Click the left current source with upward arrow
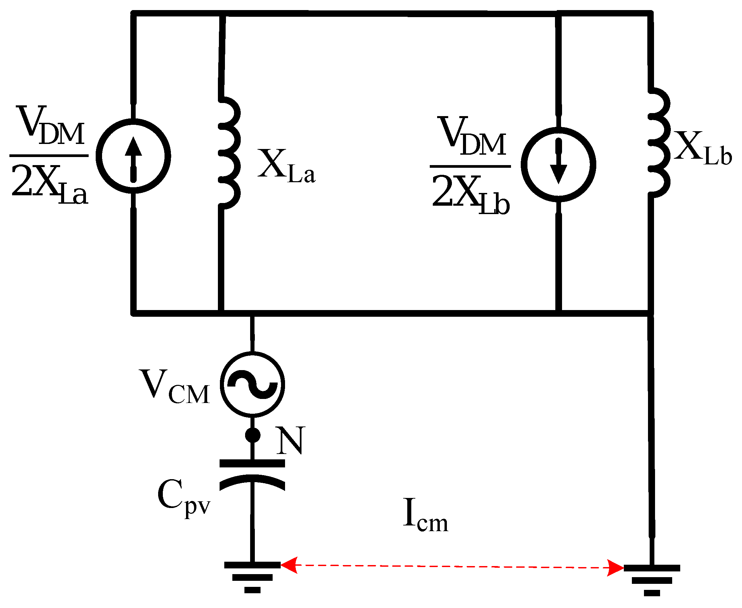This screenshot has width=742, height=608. point(133,156)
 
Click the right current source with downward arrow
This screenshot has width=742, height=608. point(558,165)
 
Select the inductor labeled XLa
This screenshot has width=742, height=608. point(230,153)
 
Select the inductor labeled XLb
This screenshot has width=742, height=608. point(659,143)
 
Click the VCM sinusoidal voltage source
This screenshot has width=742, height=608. point(252,385)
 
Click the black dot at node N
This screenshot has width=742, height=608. point(252,435)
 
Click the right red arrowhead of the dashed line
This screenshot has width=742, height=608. point(615,568)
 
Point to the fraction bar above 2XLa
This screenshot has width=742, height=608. point(49,155)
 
